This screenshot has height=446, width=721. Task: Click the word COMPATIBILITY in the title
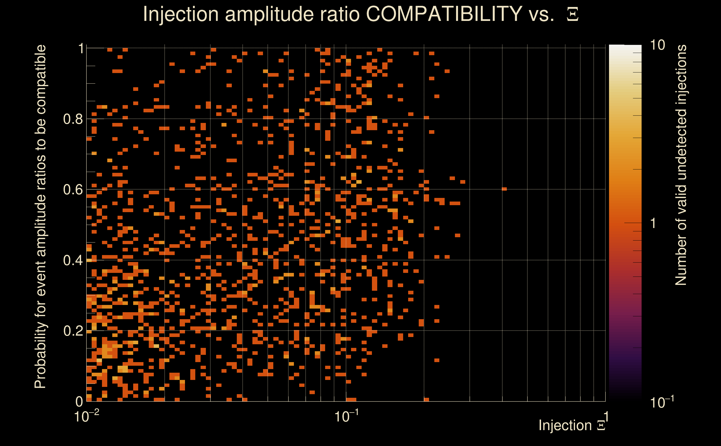click(x=444, y=14)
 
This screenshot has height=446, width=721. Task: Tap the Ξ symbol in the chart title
click(x=573, y=14)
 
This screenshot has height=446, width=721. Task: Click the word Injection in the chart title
click(x=181, y=14)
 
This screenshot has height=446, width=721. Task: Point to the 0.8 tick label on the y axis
click(x=73, y=119)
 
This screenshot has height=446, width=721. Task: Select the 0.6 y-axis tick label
click(x=73, y=190)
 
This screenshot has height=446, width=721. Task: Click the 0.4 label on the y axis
click(x=73, y=260)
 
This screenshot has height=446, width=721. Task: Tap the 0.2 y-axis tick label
click(x=73, y=331)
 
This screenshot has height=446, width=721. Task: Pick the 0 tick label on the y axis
click(x=79, y=401)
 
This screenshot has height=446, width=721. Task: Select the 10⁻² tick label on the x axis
click(x=86, y=416)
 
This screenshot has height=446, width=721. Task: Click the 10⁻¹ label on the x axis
click(x=346, y=416)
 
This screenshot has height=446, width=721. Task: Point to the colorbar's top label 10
click(x=657, y=45)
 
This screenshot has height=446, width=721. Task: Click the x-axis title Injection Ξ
click(x=572, y=425)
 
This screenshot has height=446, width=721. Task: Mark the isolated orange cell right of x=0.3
click(x=504, y=189)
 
